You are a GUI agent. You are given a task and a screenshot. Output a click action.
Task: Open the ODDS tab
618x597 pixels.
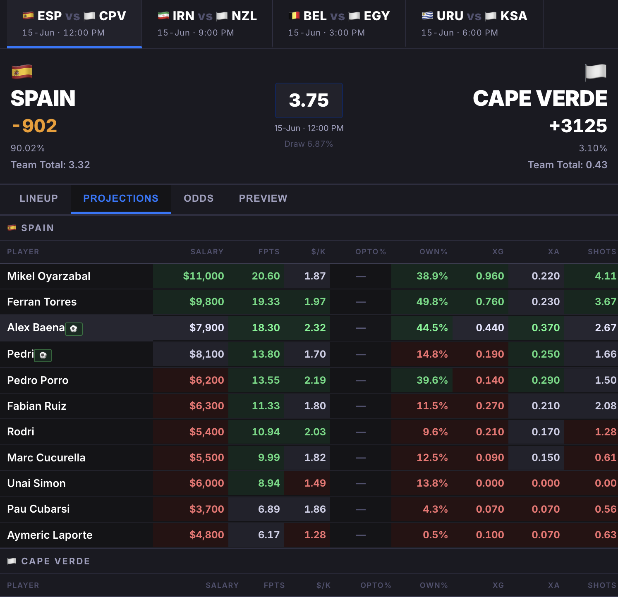(x=199, y=198)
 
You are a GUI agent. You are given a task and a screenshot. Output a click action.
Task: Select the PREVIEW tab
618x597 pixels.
(x=263, y=198)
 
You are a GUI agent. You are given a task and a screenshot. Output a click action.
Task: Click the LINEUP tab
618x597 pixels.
(x=38, y=198)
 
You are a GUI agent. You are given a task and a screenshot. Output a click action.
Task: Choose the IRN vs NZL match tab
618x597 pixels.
(x=207, y=24)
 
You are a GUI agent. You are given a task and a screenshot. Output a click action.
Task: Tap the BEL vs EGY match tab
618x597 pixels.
(x=339, y=24)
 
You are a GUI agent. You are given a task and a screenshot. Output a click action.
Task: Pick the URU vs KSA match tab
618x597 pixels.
(x=474, y=24)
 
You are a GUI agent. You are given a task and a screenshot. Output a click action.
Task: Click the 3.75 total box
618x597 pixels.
(x=309, y=100)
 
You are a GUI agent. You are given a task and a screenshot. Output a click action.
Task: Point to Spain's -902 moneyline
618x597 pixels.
(x=35, y=126)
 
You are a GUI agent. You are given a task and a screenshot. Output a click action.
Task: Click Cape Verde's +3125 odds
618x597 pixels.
(x=578, y=126)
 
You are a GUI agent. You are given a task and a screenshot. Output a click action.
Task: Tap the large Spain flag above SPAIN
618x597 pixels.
(x=22, y=72)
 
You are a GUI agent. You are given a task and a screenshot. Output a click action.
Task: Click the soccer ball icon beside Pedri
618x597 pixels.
(x=43, y=355)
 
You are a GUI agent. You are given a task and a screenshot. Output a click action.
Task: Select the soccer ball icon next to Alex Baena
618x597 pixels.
(x=74, y=329)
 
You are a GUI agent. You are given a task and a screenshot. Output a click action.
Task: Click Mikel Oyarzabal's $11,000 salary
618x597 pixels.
(x=204, y=276)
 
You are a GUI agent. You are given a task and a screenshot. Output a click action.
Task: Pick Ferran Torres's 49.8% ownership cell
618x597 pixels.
(x=432, y=302)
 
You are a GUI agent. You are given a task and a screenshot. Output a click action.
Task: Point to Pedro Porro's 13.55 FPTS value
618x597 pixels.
(x=266, y=380)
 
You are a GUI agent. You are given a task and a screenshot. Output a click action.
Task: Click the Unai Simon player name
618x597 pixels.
(x=36, y=483)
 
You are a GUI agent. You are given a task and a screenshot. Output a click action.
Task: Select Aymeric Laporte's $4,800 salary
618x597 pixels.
(x=207, y=535)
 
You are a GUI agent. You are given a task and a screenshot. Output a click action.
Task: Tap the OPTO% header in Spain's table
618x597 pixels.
(x=371, y=252)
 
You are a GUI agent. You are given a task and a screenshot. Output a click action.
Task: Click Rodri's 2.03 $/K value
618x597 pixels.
(x=315, y=432)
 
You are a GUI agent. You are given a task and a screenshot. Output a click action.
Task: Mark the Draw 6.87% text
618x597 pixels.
(x=309, y=144)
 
